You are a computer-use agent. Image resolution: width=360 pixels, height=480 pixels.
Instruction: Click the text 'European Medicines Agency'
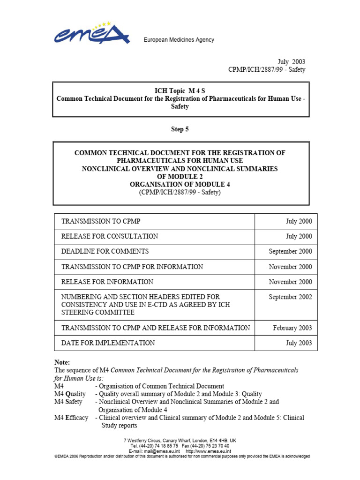click(x=179, y=40)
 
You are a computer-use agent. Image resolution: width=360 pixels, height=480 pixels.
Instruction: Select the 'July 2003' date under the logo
click(x=292, y=61)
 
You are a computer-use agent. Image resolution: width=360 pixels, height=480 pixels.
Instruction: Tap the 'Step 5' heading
click(x=180, y=130)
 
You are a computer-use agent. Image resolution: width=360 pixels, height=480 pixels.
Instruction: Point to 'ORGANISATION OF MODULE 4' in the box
click(x=180, y=184)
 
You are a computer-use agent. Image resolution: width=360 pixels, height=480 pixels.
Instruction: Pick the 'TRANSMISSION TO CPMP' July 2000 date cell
click(x=299, y=221)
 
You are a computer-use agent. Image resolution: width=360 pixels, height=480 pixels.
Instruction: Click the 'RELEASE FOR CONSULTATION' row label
click(x=110, y=236)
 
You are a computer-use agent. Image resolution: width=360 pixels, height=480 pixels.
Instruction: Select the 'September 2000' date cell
click(x=290, y=251)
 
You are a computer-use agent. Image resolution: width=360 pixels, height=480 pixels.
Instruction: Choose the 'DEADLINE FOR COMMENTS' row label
click(x=105, y=251)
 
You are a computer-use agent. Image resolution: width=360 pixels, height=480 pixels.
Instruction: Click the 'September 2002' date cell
click(x=290, y=297)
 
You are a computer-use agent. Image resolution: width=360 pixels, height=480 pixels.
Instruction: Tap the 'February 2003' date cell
click(x=292, y=328)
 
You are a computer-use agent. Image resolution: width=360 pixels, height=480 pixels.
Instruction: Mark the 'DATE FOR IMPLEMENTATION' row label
click(x=107, y=343)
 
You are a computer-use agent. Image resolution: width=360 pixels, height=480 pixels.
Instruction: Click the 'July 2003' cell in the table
click(x=299, y=343)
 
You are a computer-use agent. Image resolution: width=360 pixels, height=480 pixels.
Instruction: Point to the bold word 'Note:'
click(x=62, y=362)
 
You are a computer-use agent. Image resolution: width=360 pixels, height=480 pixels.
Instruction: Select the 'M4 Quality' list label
click(x=70, y=394)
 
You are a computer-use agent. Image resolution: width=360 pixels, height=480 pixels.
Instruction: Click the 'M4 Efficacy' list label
click(x=71, y=417)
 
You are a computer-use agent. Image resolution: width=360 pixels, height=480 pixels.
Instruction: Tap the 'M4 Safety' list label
click(x=68, y=402)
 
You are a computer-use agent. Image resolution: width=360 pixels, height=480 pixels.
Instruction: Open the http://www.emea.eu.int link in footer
click(x=208, y=451)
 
